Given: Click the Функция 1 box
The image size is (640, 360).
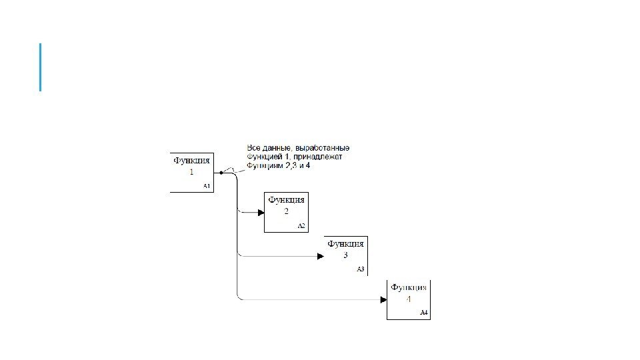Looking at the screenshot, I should pyautogui.click(x=192, y=172).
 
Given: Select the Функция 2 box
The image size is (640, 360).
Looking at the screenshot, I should pyautogui.click(x=286, y=212).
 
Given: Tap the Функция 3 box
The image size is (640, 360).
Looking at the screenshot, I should pyautogui.click(x=346, y=255).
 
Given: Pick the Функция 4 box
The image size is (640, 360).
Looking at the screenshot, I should pyautogui.click(x=408, y=299).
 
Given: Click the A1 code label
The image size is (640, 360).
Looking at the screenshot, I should pyautogui.click(x=207, y=186).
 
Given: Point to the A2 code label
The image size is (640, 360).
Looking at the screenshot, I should pyautogui.click(x=301, y=226).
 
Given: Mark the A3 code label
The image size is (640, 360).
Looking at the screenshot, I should pyautogui.click(x=361, y=269).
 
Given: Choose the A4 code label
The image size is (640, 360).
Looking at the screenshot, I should pyautogui.click(x=423, y=313).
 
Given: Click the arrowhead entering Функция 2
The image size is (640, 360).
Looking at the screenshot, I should pyautogui.click(x=260, y=213).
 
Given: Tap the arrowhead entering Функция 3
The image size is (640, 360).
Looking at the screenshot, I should pyautogui.click(x=321, y=256).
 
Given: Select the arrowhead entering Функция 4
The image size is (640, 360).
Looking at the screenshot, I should pyautogui.click(x=383, y=300).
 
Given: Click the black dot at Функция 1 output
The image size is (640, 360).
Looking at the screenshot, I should pyautogui.click(x=221, y=172).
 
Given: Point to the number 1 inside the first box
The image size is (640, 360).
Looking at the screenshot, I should pyautogui.click(x=192, y=171).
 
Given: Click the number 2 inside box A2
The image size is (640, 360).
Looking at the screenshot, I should pyautogui.click(x=286, y=211).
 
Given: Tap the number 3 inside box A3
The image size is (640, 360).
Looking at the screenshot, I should pyautogui.click(x=346, y=255).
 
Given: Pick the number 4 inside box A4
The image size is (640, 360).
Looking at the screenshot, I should pyautogui.click(x=409, y=299).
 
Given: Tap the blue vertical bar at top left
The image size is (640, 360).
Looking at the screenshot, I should pyautogui.click(x=40, y=67).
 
